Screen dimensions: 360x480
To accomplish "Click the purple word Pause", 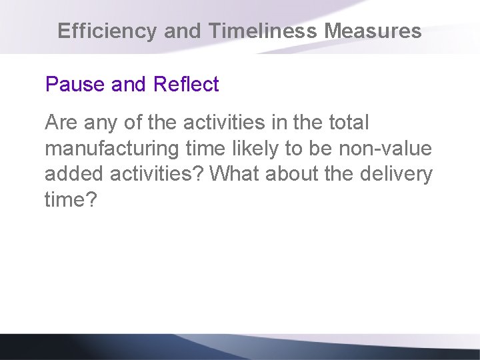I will point(67,85).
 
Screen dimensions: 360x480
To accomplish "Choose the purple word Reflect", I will point(186,85).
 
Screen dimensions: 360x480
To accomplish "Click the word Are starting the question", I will point(59,123).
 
